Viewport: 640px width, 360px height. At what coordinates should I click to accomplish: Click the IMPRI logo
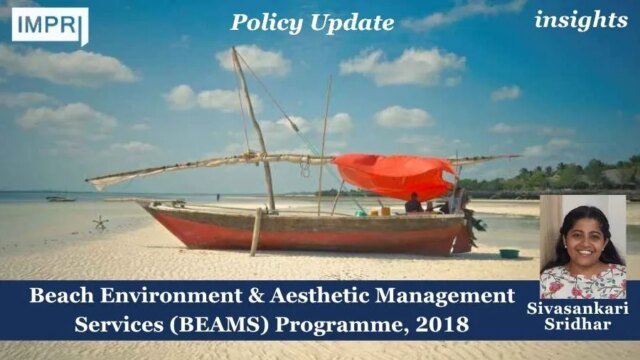coord(49,25)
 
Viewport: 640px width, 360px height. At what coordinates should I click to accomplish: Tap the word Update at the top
coord(353,22)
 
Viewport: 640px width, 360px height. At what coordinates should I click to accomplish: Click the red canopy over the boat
coord(394,175)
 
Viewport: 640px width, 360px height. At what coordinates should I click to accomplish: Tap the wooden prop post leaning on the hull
coord(256,231)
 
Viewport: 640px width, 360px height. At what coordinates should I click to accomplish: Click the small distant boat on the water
coord(60,198)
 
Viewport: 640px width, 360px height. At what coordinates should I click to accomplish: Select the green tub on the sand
coord(510,253)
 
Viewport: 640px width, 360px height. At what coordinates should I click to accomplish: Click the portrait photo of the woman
coord(582,246)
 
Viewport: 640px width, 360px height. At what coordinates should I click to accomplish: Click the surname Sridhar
coord(583,326)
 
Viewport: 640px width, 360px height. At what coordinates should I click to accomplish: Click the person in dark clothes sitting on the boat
coord(413,203)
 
